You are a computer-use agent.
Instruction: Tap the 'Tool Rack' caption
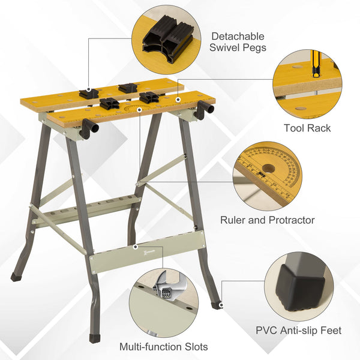tap(307, 128)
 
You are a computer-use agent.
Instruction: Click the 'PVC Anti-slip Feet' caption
tap(299, 330)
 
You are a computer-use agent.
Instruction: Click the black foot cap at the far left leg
tap(16, 277)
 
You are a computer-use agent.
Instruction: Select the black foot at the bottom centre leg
tap(95, 338)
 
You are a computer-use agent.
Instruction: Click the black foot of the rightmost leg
tap(217, 305)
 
